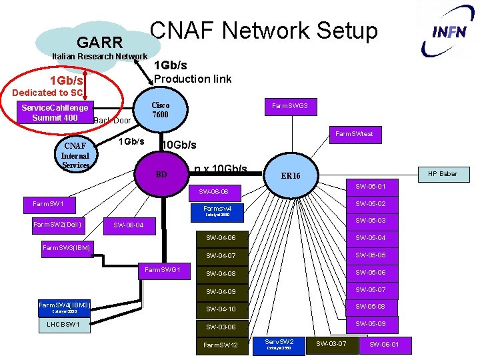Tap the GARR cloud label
point(100,43)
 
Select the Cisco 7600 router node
point(161,110)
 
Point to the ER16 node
point(291,176)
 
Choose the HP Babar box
point(443,174)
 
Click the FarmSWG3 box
point(294,106)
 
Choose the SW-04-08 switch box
point(221,273)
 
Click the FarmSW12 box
point(221,345)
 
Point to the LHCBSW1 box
point(63,325)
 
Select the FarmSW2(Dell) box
point(57,224)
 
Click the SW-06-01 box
point(385,344)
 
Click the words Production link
point(193,79)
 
